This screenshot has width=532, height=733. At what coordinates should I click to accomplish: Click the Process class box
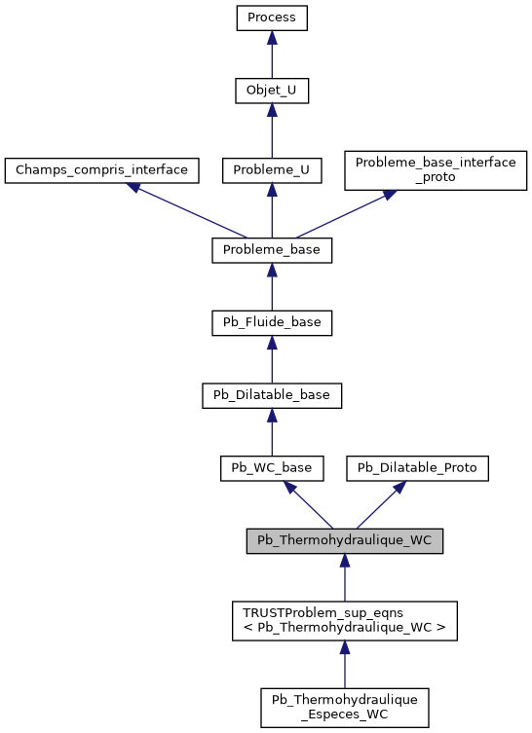272,18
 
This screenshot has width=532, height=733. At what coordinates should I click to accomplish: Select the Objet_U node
272,91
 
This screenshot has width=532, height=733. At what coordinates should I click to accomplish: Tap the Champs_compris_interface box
102,169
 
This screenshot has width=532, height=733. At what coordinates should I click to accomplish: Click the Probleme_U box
272,169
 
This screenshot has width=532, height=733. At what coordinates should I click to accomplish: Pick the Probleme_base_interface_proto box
436,169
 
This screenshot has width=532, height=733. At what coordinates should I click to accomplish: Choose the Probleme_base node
272,250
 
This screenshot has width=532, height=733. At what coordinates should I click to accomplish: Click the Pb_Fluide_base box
272,322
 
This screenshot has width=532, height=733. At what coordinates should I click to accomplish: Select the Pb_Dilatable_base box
272,395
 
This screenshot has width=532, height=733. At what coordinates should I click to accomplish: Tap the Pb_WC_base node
272,467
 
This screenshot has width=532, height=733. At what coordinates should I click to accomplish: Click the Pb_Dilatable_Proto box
418,467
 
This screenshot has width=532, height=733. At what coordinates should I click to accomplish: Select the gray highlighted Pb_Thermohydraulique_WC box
345,540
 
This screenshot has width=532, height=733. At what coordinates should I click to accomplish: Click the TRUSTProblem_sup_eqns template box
345,620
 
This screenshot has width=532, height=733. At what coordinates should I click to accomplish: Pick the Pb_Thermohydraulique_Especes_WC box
345,708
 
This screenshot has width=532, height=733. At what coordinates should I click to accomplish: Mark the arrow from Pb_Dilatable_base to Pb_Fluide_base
272,359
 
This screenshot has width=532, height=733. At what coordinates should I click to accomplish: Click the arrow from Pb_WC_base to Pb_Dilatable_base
272,431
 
